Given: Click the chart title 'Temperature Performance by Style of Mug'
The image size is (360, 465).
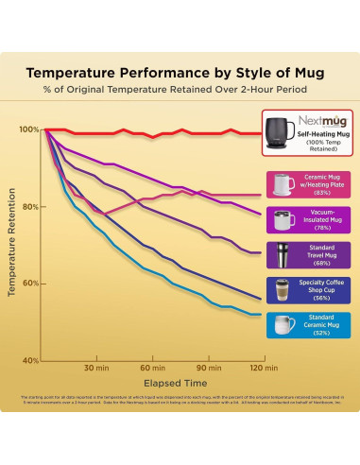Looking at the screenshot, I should (x=180, y=71).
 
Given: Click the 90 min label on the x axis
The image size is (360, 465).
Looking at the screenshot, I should (x=206, y=368).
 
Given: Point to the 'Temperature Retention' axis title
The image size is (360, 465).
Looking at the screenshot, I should (x=12, y=245).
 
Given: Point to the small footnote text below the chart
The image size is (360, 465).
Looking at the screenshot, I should (x=180, y=401).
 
